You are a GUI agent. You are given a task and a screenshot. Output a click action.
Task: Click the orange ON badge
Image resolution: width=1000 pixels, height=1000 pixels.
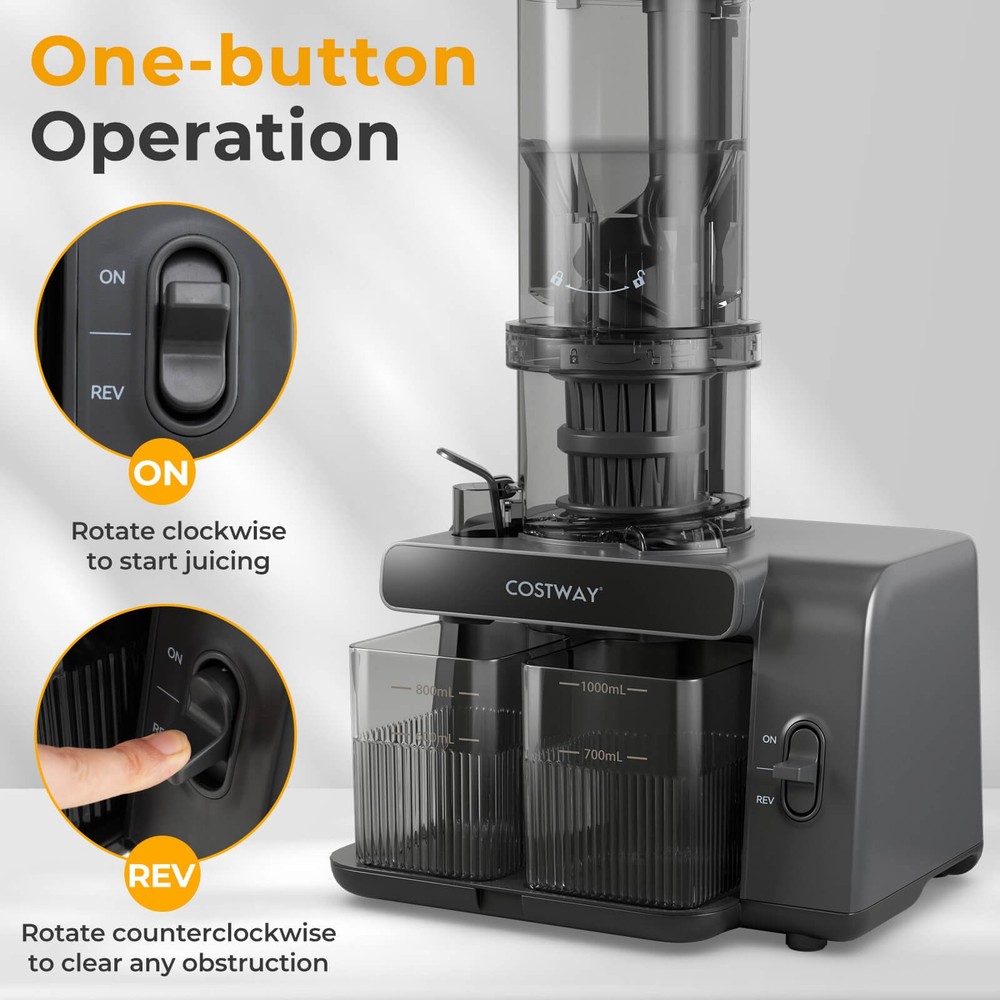coord(162,473)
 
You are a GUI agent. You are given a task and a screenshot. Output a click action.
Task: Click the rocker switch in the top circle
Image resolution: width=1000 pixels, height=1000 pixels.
coord(194,340)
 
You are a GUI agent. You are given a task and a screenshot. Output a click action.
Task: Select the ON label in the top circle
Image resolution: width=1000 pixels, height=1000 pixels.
coord(112,277)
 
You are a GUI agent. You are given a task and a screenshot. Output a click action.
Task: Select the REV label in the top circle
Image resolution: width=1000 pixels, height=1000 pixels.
coord(108,393)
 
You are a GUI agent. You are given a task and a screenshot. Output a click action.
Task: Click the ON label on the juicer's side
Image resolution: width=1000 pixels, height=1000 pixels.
coord(768,739)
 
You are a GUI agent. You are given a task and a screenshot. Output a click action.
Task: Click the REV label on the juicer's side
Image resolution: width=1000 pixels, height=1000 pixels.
coord(766,800)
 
